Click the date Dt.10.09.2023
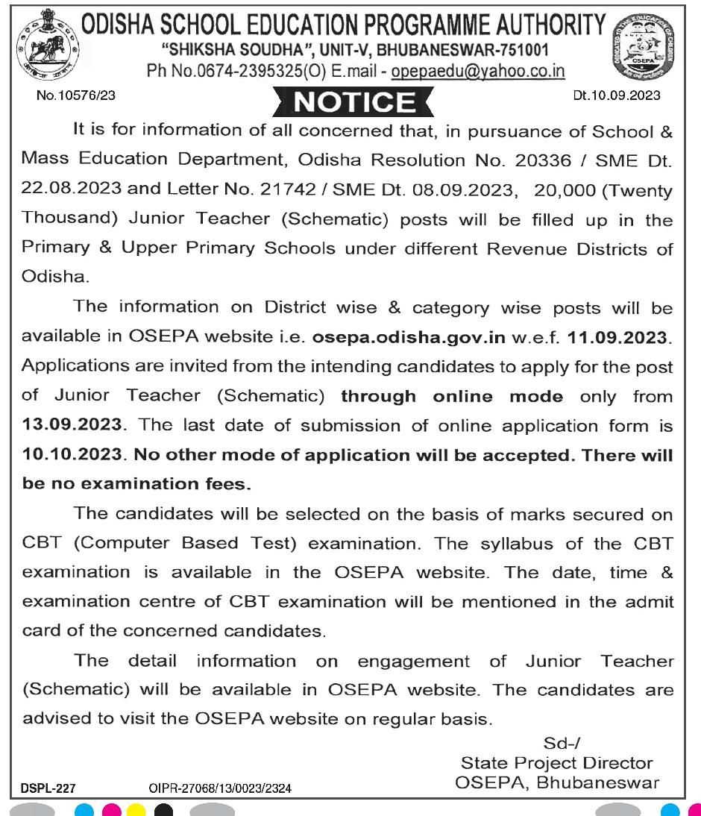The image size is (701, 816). click(x=617, y=96)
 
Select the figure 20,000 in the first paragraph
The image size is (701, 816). click(x=566, y=189)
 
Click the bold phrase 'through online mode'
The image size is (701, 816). click(x=452, y=396)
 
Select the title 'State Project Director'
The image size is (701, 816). click(x=557, y=763)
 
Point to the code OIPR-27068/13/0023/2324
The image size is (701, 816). click(x=220, y=787)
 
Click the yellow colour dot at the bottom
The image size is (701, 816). click(x=136, y=810)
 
